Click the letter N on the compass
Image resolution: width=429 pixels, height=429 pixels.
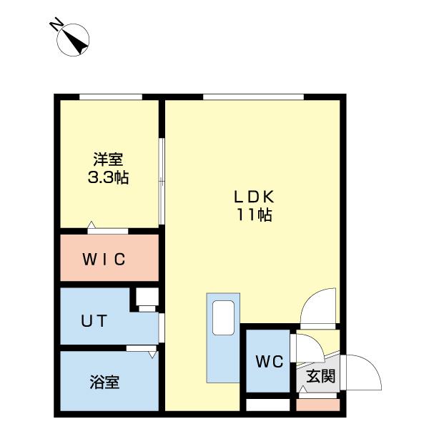point(54,26)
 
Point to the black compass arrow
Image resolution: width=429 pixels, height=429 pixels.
point(77,39)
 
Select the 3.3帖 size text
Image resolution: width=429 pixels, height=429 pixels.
point(107,177)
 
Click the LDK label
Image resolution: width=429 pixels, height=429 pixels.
point(254,197)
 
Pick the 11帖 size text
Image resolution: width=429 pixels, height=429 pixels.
point(255,214)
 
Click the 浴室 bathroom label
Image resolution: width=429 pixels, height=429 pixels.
point(104,382)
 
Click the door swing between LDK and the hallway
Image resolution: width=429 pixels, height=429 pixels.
point(317,306)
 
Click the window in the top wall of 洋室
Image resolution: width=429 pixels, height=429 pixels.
point(110,97)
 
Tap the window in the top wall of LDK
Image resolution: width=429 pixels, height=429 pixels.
point(252,97)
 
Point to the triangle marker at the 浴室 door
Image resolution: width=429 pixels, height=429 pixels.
point(152,354)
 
